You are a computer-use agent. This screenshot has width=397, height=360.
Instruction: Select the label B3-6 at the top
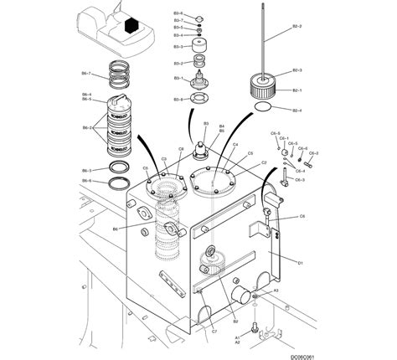pyautogui.click(x=178, y=13)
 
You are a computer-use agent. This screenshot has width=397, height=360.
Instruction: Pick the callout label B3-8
pyautogui.click(x=178, y=100)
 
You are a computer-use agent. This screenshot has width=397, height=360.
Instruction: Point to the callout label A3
pyautogui.click(x=276, y=290)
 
